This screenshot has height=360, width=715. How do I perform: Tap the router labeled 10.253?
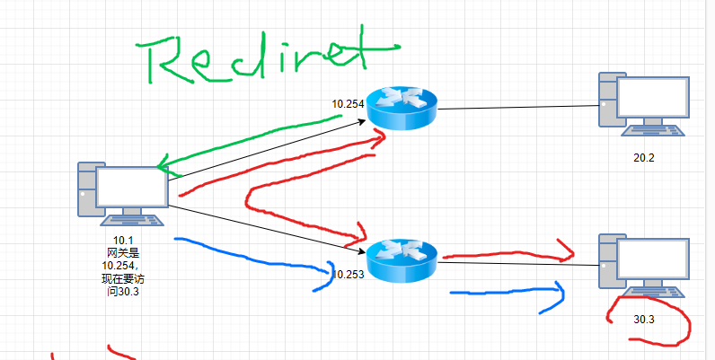coord(402,259)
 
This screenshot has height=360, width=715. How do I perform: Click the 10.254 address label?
coord(348,104)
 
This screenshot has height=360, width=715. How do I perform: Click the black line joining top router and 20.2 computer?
coord(516,108)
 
